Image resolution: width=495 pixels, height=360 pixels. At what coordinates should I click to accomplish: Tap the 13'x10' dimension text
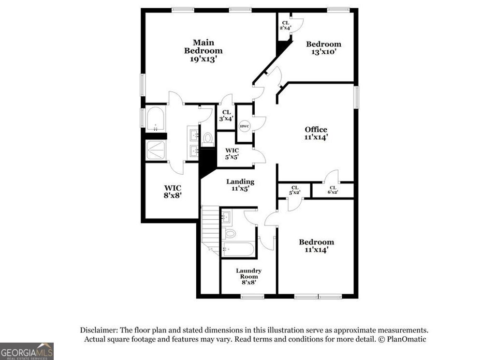[x=323, y=52]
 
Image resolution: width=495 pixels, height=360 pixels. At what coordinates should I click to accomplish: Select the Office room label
[x=316, y=129]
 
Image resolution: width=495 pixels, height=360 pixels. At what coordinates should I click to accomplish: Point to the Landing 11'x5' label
[x=240, y=185]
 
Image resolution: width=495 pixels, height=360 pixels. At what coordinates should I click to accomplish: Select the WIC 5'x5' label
[x=232, y=153]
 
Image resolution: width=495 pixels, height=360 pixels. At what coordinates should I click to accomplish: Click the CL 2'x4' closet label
[x=285, y=25]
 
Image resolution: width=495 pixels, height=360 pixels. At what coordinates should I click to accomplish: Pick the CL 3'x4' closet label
[x=225, y=115]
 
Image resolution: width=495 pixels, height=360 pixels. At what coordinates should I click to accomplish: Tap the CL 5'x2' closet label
[x=294, y=190]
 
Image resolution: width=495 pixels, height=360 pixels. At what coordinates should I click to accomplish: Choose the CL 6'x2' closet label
[x=333, y=190]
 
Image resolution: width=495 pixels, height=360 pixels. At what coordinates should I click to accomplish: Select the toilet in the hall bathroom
[x=230, y=234]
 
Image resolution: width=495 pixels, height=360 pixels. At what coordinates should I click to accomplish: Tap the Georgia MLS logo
[x=27, y=351]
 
